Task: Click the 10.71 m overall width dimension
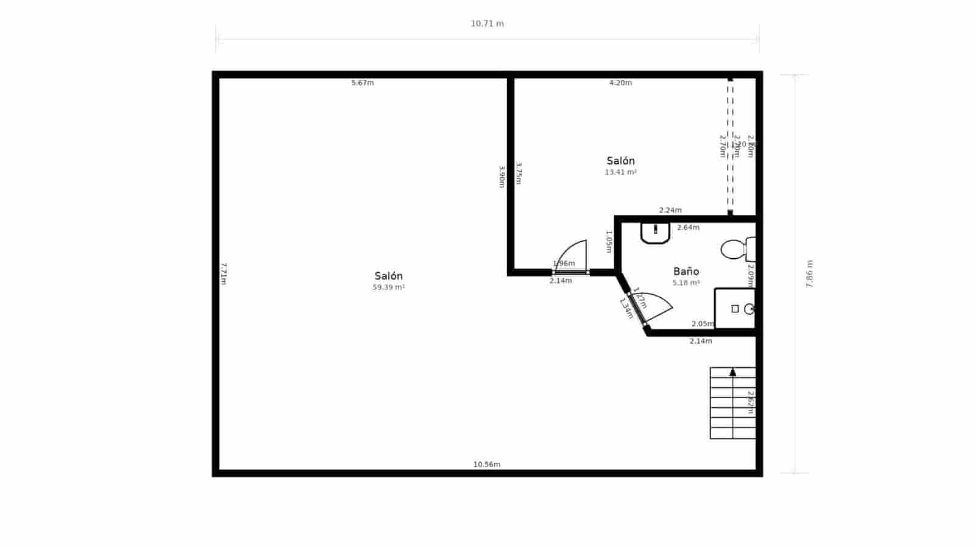(x=487, y=24)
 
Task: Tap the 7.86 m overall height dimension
(x=810, y=274)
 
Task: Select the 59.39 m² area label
(x=389, y=287)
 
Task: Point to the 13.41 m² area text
(x=620, y=172)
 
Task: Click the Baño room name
(x=686, y=272)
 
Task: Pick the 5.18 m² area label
(x=686, y=283)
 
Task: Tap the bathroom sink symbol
(x=655, y=233)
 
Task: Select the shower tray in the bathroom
(x=735, y=309)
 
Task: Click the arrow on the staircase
(x=732, y=371)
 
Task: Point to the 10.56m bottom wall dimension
(x=487, y=465)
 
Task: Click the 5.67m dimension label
(x=363, y=83)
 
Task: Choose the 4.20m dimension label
(x=620, y=83)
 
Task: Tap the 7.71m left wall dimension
(x=224, y=274)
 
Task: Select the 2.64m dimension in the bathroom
(x=688, y=228)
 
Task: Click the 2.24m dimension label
(x=670, y=210)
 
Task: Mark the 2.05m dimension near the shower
(x=703, y=324)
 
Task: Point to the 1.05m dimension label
(x=609, y=241)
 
